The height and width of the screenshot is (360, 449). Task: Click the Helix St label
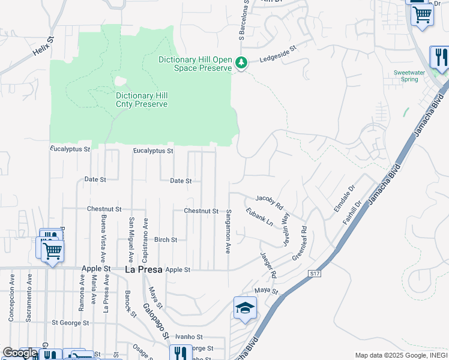(x=43, y=46)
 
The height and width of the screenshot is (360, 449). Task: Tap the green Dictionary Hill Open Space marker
(x=241, y=62)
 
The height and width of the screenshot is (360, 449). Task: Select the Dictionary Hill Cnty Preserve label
(x=142, y=100)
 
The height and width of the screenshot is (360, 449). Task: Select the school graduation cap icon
(x=245, y=308)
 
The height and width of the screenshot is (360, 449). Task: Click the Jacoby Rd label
(x=269, y=200)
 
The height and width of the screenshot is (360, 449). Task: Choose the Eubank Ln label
(x=259, y=217)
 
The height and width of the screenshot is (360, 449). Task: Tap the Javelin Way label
(x=286, y=229)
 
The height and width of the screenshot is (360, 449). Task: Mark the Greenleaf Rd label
(x=300, y=242)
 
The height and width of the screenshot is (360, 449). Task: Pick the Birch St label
(x=166, y=239)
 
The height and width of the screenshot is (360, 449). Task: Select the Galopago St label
(x=154, y=322)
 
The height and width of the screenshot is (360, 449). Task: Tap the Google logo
(x=19, y=353)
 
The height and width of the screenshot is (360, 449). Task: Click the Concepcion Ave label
(x=12, y=299)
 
